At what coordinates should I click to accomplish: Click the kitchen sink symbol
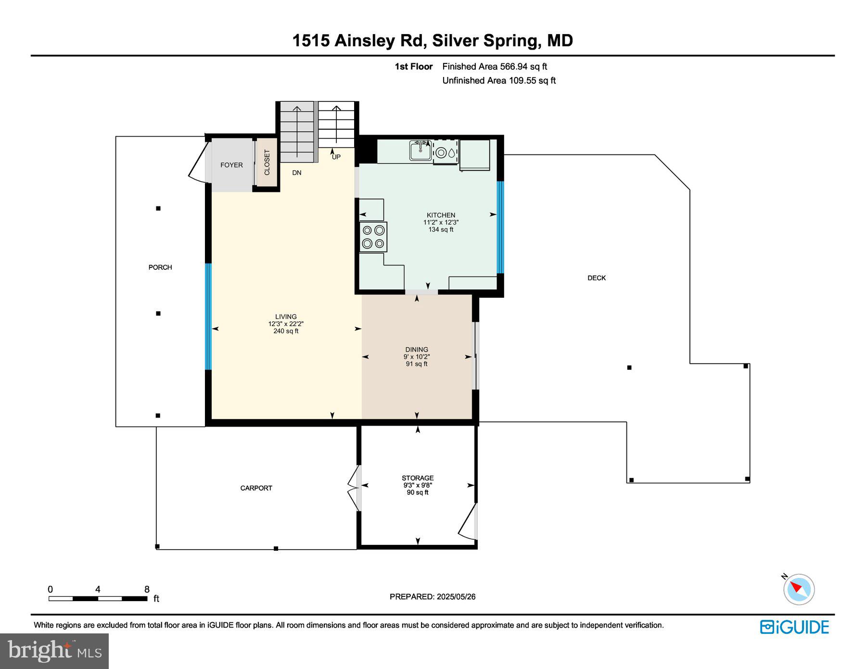point(420,151)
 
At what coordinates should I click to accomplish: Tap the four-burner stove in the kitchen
point(373,237)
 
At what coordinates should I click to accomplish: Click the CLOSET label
point(267,163)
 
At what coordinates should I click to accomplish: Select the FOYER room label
point(231,165)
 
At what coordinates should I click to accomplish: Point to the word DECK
point(596,278)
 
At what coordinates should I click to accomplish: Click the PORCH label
point(160,267)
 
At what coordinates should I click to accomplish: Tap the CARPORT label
point(256,488)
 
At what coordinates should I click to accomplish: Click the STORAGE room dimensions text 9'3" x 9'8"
point(417,485)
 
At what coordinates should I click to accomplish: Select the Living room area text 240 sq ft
point(286,331)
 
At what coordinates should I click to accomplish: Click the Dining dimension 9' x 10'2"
point(416,357)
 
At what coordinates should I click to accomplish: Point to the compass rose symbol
point(799,589)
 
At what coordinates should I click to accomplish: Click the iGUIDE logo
point(794,627)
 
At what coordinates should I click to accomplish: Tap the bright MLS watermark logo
point(54,651)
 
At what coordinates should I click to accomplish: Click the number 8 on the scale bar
point(147,589)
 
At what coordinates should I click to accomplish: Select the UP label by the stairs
point(336,157)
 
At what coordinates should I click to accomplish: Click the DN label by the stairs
point(297,173)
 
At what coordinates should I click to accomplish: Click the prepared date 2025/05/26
point(456,597)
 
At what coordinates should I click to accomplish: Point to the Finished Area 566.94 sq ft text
point(495,67)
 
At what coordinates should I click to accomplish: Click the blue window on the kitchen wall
point(500,227)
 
